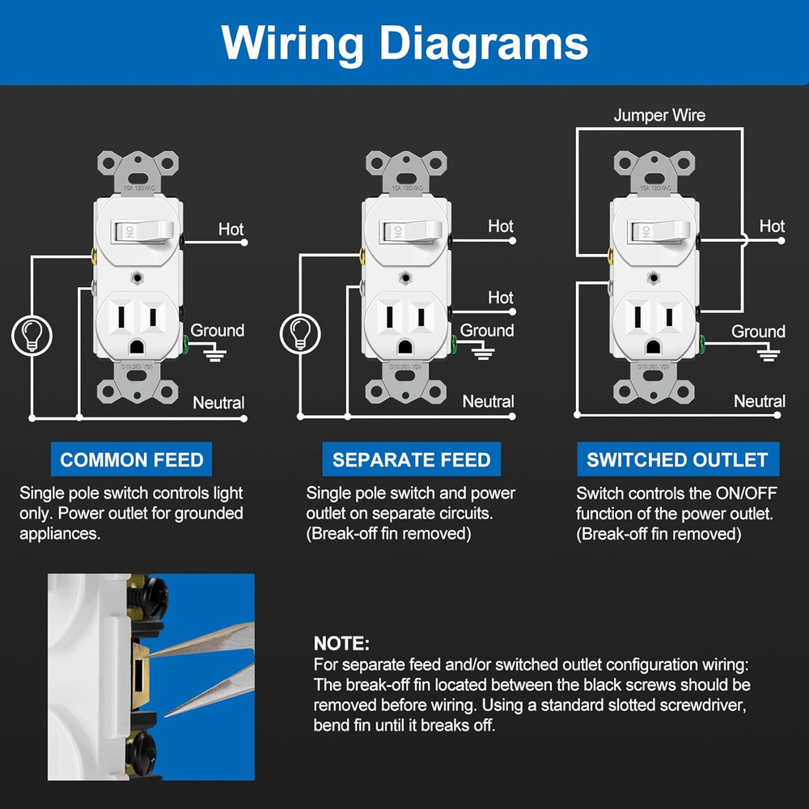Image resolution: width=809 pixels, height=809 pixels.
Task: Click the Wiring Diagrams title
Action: coord(404,41)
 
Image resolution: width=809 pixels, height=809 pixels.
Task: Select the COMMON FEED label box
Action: coord(132,460)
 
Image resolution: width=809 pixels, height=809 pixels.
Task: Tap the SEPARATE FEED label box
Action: coord(411,460)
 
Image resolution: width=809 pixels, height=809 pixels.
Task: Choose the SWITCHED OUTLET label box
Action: coord(677,460)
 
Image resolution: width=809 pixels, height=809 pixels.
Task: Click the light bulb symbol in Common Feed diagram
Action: coord(32,334)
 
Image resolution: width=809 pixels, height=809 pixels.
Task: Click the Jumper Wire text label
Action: coord(659,116)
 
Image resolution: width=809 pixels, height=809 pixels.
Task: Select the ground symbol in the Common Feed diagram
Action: coord(215,353)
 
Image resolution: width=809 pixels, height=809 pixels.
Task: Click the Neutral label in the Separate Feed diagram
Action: coord(488,402)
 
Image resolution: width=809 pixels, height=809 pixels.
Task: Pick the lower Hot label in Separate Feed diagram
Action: coord(500,298)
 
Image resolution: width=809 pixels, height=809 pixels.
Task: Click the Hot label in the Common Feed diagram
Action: coord(231,230)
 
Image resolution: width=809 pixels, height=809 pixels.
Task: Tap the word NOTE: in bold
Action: coord(341,644)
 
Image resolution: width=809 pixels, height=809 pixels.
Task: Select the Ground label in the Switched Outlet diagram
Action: coord(758,332)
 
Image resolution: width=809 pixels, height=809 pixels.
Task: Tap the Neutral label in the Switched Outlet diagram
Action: coord(759,401)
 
